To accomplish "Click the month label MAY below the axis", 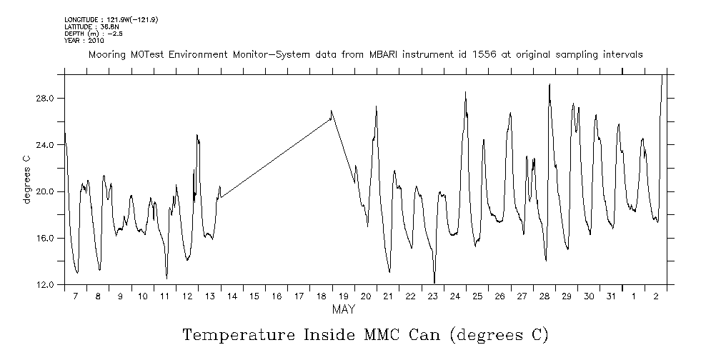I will (x=343, y=310).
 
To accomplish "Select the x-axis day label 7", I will (x=76, y=296).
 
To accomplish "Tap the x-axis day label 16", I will (x=276, y=296).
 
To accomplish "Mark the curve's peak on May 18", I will (x=332, y=111).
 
